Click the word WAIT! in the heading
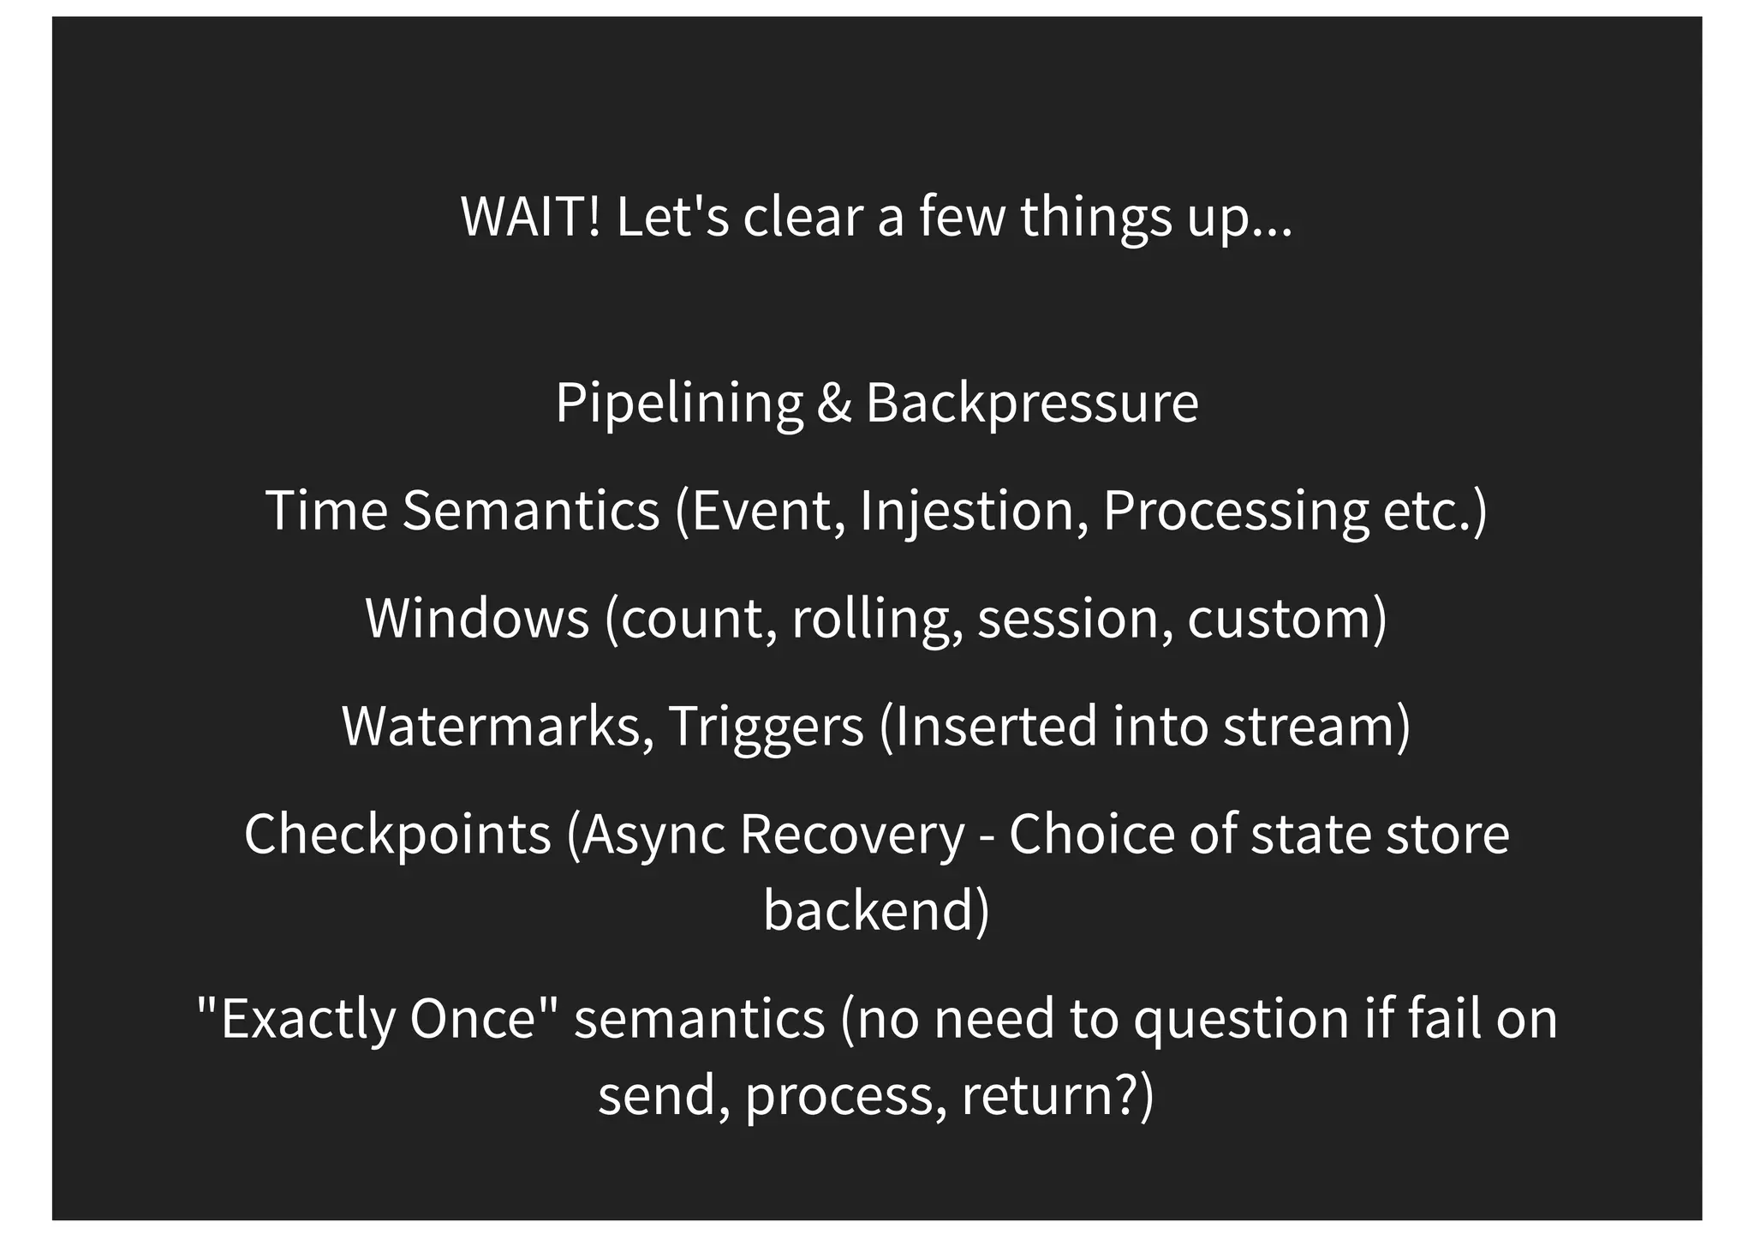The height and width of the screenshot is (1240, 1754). pos(531,217)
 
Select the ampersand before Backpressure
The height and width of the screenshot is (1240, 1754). pos(834,402)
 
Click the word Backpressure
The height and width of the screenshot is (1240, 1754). pos(1032,402)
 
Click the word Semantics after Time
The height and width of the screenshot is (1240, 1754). pos(531,511)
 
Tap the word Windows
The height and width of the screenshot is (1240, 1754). pos(477,618)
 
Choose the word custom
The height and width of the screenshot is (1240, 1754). pos(1285,618)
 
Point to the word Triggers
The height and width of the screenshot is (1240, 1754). pos(766,726)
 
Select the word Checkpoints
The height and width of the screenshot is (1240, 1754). pos(397,834)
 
